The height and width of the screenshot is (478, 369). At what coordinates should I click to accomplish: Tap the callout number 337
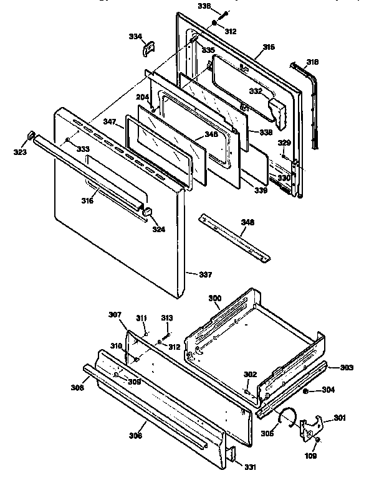206,273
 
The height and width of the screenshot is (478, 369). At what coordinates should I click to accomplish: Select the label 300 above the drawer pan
214,299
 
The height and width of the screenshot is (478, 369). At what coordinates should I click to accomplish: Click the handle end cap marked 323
29,137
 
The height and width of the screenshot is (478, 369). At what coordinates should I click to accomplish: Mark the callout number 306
136,435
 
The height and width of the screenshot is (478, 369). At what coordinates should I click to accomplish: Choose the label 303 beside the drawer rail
347,368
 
